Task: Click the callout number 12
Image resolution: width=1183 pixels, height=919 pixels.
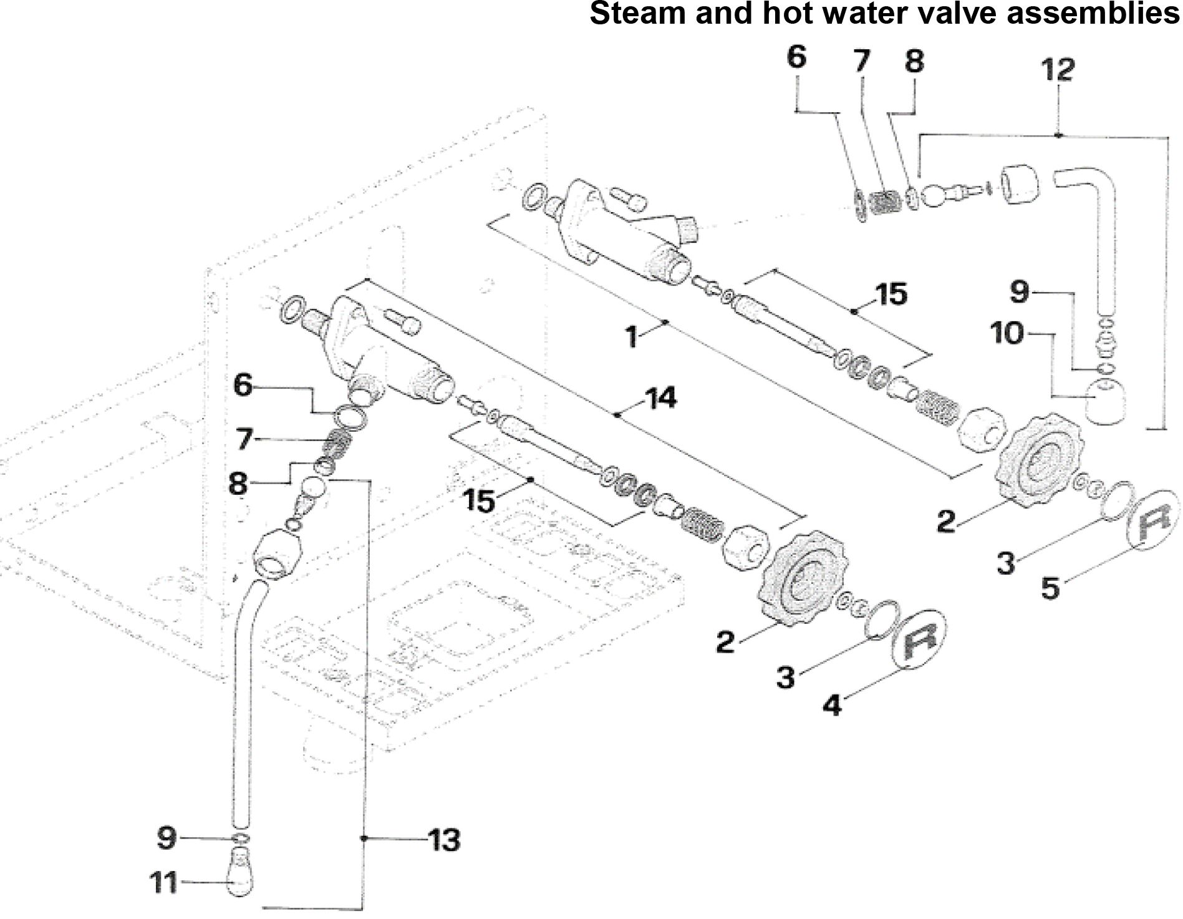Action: tap(1058, 70)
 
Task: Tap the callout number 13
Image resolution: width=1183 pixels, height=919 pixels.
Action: tap(444, 840)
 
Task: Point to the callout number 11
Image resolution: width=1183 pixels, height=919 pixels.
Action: tap(164, 883)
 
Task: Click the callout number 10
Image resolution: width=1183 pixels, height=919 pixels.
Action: tap(1007, 334)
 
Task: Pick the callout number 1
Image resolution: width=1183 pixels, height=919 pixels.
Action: tap(632, 337)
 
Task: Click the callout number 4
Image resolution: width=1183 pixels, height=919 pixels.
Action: tap(833, 704)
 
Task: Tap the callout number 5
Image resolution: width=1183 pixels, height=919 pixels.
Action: tap(1050, 587)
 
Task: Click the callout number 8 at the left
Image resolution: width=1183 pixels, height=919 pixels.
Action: tap(238, 484)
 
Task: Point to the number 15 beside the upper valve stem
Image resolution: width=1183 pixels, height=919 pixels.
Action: tap(891, 294)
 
